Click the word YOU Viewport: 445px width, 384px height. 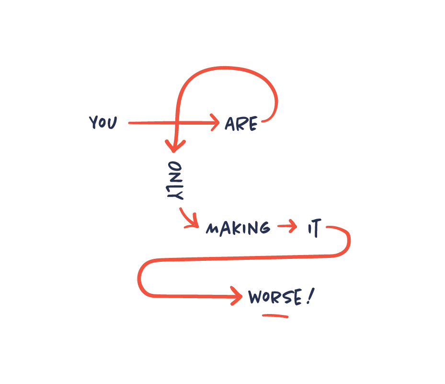pos(103,123)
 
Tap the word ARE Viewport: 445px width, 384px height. pos(241,124)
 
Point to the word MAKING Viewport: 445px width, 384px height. pos(238,228)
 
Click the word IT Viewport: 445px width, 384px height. pos(314,229)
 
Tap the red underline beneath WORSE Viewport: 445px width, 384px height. pos(275,316)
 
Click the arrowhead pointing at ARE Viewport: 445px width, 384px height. pos(215,123)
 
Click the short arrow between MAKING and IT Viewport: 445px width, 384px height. pos(287,227)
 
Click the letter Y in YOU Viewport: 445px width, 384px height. pos(93,123)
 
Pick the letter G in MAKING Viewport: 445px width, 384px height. pos(263,228)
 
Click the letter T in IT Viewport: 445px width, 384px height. pos(317,229)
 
